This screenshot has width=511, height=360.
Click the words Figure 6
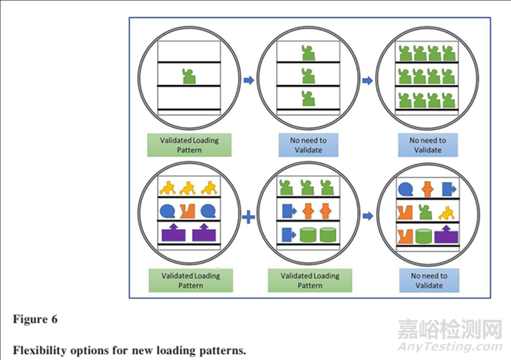coord(36,319)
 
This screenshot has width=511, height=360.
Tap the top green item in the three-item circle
coord(307,51)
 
